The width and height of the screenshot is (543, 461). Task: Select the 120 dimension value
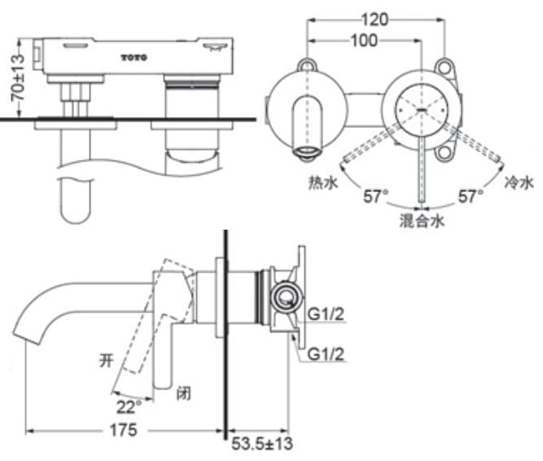[x=375, y=18]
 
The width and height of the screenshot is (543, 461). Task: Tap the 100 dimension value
[x=363, y=40]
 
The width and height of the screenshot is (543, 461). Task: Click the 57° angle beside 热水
[x=374, y=195]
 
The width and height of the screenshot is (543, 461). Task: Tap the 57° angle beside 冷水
[x=470, y=195]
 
